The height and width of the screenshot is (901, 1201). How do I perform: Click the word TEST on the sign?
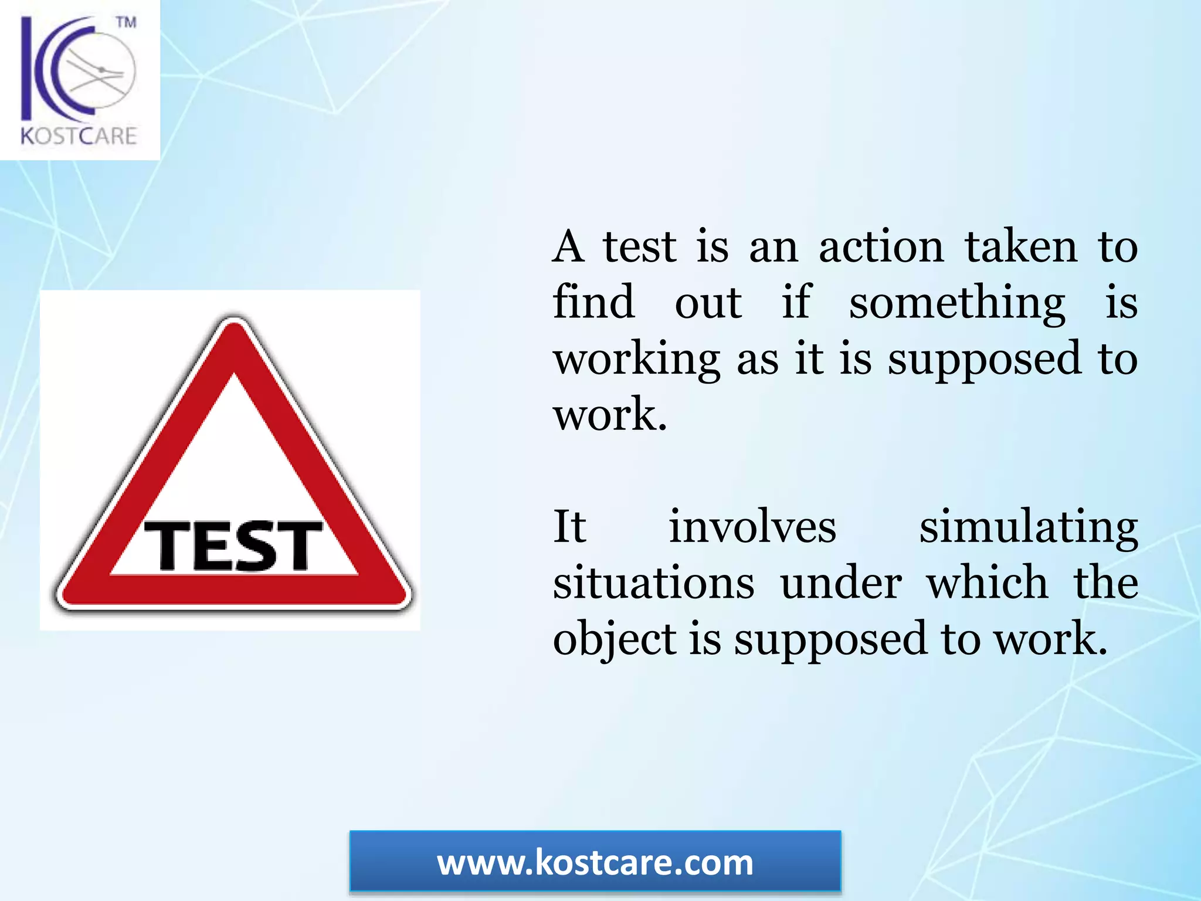tap(233, 546)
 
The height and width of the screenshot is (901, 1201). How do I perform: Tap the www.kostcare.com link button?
tap(595, 862)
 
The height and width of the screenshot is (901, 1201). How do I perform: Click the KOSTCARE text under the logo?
tap(79, 136)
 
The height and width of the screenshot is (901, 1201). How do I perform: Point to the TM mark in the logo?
tap(126, 22)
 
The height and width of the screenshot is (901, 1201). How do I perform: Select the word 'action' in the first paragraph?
tap(881, 247)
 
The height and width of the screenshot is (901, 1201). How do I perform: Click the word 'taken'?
tap(1021, 247)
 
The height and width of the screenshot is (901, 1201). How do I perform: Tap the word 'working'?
tap(637, 360)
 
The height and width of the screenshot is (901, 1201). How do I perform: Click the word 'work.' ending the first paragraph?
tap(610, 415)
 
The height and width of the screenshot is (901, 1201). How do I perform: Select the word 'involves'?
tap(752, 527)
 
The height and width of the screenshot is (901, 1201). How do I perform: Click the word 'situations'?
tap(654, 583)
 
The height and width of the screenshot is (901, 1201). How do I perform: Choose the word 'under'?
tap(841, 583)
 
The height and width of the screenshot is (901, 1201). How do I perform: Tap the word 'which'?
tap(987, 583)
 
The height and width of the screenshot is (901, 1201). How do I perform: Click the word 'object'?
tap(615, 639)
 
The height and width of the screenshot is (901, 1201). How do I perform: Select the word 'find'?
tap(593, 303)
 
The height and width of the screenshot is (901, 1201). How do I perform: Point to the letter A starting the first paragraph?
tap(568, 247)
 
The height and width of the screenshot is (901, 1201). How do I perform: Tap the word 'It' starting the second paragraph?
tap(569, 527)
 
